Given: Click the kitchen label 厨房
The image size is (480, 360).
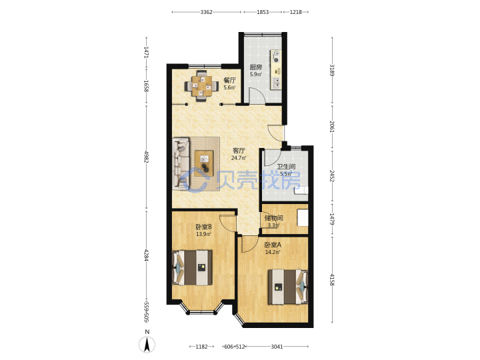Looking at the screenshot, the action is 255,67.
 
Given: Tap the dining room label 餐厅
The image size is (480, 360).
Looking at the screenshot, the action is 229,80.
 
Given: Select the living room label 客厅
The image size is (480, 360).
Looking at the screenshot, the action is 239,150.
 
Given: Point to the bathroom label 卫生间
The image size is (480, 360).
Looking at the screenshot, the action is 286,167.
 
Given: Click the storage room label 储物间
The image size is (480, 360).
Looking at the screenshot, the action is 274,218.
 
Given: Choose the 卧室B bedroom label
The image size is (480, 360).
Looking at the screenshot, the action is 204,227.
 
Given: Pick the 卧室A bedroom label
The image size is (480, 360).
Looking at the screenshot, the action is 273,245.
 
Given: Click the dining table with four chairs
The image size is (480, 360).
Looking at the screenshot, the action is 201,85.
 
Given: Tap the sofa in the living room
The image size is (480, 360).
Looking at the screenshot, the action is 181,162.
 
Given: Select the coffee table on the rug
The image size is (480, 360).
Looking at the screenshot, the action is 204,163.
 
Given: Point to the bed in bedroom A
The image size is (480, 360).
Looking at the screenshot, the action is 288,287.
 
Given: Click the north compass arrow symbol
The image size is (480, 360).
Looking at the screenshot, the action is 147,345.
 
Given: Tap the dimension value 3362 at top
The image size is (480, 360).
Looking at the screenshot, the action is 206,12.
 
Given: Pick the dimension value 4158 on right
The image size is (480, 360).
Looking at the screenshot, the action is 332,280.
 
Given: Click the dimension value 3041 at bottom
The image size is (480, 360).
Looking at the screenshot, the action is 277,347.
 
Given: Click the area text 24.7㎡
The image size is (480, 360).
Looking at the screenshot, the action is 239,158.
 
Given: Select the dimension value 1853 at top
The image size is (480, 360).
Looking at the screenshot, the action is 263,12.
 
